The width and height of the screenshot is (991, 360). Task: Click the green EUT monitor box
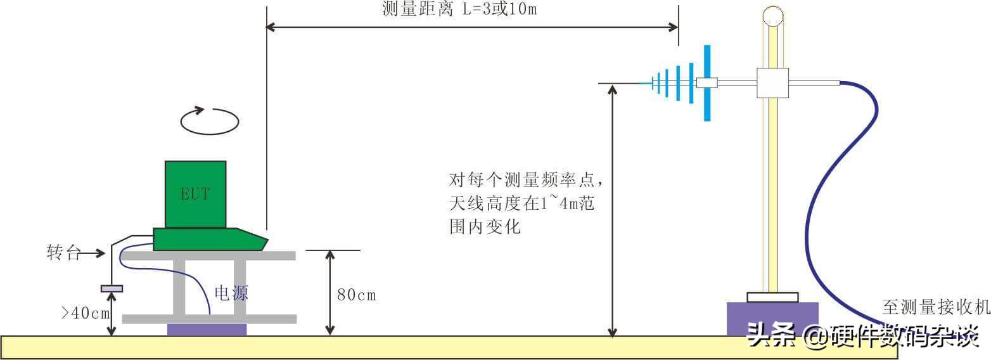pos(196,195)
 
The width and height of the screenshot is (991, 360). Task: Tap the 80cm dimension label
pos(357,295)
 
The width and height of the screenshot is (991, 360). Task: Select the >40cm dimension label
pos(85,313)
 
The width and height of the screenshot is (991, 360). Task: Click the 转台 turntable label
pos(64,252)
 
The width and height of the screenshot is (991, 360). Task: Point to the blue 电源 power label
pos(231,293)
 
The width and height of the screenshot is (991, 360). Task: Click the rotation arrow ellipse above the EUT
pos(210,120)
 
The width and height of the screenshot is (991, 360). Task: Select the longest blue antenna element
pos(707,82)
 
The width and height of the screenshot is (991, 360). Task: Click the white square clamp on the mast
pos(772,82)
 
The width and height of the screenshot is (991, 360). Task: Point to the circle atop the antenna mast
pos(773,17)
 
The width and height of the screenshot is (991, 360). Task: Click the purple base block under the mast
pos(772,319)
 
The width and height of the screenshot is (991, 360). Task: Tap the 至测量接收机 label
pos(936,307)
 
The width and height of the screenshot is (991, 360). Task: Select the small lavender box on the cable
pos(112,289)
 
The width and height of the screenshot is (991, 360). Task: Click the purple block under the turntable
pos(207,330)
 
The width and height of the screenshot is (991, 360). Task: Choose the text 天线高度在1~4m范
pos(521,203)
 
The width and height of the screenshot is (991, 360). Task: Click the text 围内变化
pos(485,227)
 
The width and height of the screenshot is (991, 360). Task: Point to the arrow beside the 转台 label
pos(93,253)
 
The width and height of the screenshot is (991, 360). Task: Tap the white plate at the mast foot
pos(772,297)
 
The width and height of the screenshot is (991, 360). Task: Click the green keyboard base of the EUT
pos(210,240)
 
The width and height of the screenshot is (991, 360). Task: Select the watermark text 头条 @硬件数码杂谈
pos(863,335)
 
